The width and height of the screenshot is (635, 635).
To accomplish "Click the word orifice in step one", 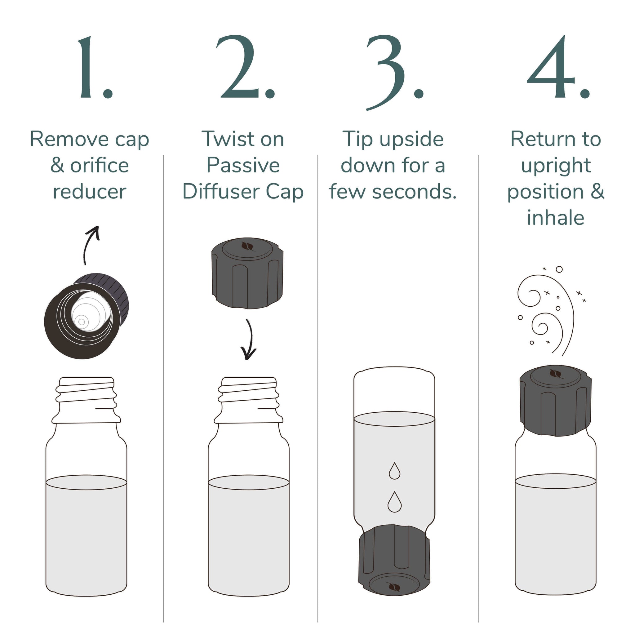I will click(99, 165).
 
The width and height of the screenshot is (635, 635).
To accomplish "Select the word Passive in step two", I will click(243, 165).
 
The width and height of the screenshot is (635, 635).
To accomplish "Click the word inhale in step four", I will click(555, 218).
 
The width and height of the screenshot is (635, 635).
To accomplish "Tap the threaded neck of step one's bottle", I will click(86, 394).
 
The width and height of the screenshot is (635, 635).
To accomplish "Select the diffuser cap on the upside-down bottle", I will click(394, 559).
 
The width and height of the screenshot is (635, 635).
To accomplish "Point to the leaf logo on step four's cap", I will click(555, 373).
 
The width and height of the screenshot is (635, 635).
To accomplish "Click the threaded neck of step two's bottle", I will click(248, 394).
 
